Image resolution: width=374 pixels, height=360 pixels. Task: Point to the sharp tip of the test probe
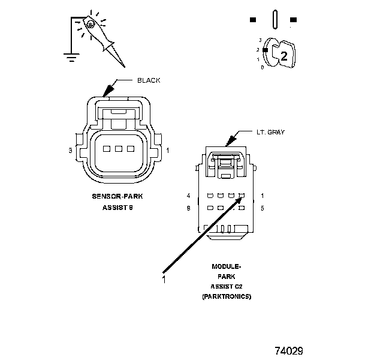point(124,65)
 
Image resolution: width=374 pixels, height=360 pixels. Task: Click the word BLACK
point(149,80)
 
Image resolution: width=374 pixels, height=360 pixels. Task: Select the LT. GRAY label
point(270,132)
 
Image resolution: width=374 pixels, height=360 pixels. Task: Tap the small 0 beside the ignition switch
point(262,67)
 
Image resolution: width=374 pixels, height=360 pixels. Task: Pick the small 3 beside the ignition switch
point(260,40)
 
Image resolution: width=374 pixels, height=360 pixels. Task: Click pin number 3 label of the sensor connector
point(71,150)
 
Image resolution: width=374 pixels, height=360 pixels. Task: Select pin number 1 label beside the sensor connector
point(167,150)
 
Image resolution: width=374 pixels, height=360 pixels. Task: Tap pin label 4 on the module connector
point(188,196)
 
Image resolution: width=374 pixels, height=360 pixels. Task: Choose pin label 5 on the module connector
point(263,208)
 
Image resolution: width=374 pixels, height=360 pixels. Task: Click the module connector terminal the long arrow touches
point(241,196)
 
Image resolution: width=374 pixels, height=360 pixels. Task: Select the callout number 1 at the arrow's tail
point(164,278)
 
